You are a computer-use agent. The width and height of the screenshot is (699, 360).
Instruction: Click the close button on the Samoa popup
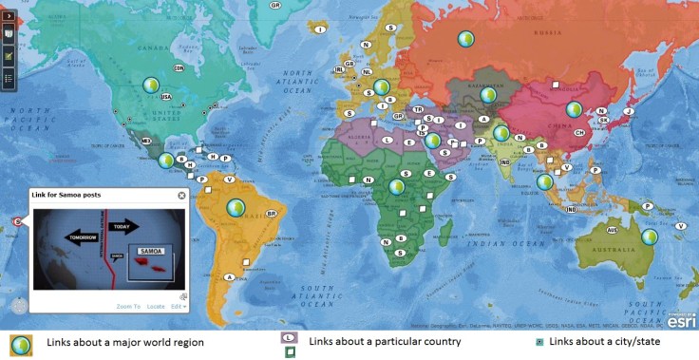click(x=181, y=196)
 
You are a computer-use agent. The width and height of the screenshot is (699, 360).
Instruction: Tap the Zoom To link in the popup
click(x=128, y=306)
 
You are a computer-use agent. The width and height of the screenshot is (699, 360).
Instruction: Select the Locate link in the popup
click(x=155, y=306)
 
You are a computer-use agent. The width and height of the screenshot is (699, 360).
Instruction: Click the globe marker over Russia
click(x=465, y=39)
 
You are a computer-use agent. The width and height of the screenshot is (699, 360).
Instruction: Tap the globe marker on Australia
click(x=650, y=237)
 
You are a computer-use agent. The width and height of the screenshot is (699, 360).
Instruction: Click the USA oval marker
click(x=166, y=97)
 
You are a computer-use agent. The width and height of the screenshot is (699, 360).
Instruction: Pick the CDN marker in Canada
click(x=178, y=67)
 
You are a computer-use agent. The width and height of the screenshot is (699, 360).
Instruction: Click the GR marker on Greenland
click(x=275, y=6)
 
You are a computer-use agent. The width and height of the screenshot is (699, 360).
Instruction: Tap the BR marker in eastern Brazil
click(x=272, y=215)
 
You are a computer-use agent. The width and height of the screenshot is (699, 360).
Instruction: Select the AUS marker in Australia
click(x=613, y=231)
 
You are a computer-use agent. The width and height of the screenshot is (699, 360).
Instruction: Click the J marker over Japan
click(x=628, y=110)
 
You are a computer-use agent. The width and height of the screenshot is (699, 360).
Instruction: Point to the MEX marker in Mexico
click(x=146, y=142)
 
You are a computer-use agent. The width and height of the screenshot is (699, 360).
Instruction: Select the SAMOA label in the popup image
click(x=151, y=251)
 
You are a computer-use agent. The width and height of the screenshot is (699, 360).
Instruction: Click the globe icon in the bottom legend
click(x=21, y=343)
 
